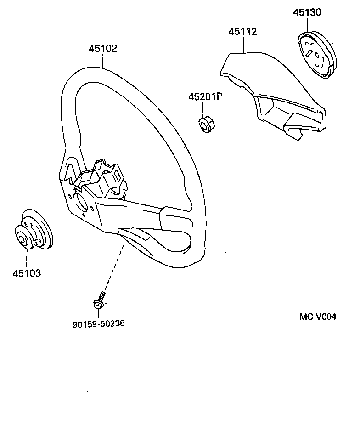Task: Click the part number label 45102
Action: pyautogui.click(x=103, y=49)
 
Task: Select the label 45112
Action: pyautogui.click(x=243, y=32)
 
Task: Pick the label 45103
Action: pyautogui.click(x=27, y=273)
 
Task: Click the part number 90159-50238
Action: pyautogui.click(x=99, y=323)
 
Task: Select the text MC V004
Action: pyautogui.click(x=318, y=317)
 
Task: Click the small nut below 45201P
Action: pyautogui.click(x=204, y=124)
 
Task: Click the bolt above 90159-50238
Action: pyautogui.click(x=99, y=301)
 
